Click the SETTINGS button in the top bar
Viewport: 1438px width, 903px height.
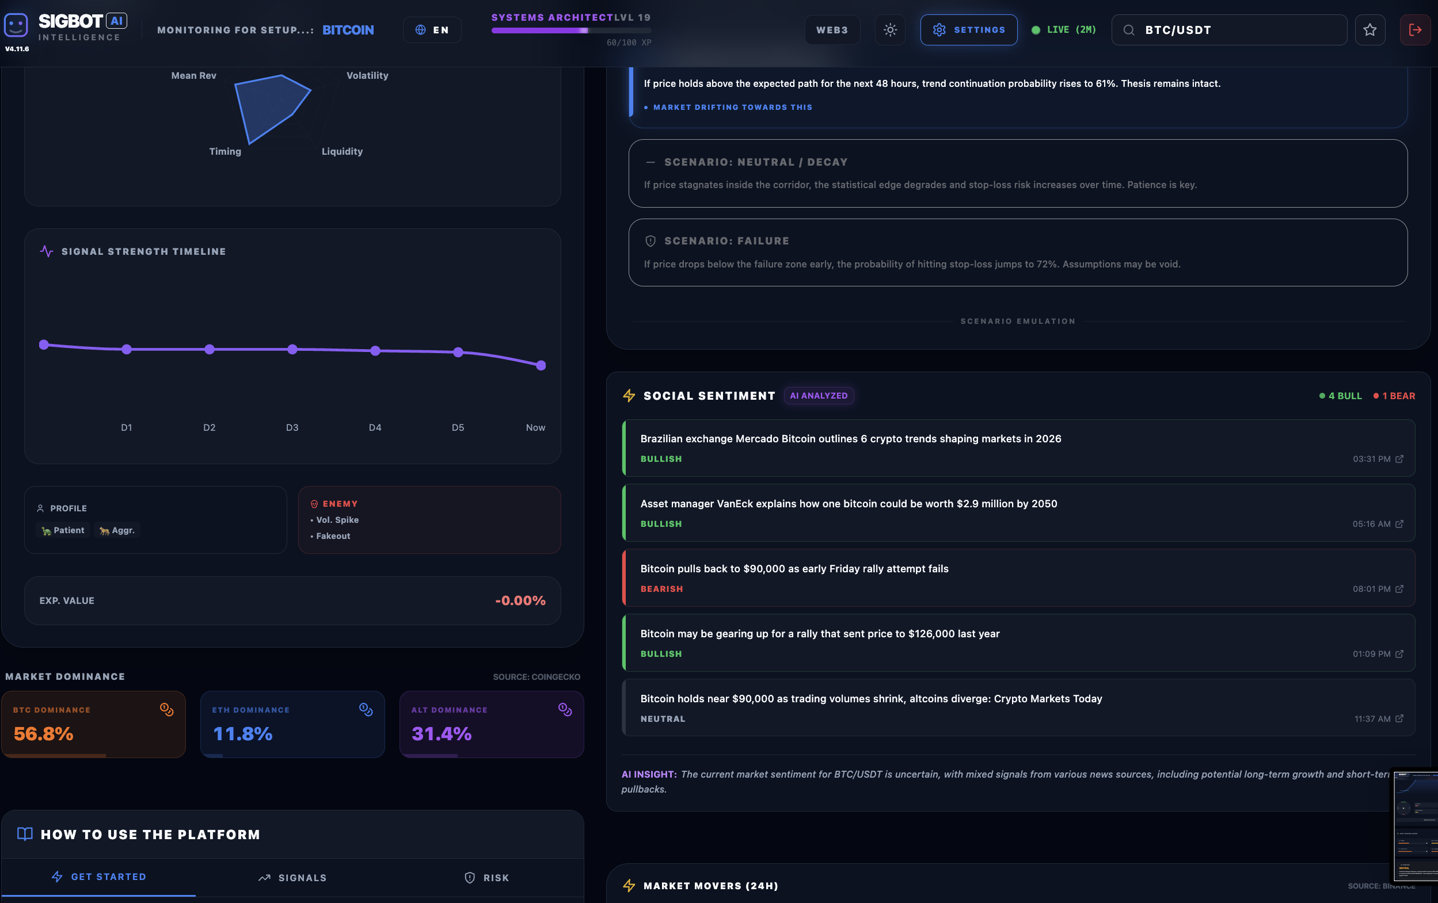click(968, 30)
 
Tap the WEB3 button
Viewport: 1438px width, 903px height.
click(831, 30)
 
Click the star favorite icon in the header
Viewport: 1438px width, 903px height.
click(1369, 30)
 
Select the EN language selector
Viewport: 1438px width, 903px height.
click(432, 30)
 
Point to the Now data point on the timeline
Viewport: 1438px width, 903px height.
click(541, 365)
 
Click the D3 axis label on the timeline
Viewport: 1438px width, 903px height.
click(292, 427)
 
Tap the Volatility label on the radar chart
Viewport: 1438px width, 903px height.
click(367, 75)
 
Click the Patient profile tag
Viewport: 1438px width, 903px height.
click(63, 530)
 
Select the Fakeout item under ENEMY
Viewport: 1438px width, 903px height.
click(333, 536)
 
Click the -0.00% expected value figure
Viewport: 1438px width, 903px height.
click(520, 600)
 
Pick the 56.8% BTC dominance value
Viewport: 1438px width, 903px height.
click(44, 733)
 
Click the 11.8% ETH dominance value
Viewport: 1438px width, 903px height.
click(242, 733)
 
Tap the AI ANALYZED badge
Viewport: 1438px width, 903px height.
click(818, 396)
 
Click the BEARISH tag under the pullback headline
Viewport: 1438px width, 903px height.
click(661, 588)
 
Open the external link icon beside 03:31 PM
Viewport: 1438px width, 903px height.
click(1399, 459)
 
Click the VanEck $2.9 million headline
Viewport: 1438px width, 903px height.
click(849, 504)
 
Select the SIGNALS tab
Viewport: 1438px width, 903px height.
click(292, 877)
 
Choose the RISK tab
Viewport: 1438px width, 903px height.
click(486, 877)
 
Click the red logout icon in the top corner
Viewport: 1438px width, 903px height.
click(1415, 30)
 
